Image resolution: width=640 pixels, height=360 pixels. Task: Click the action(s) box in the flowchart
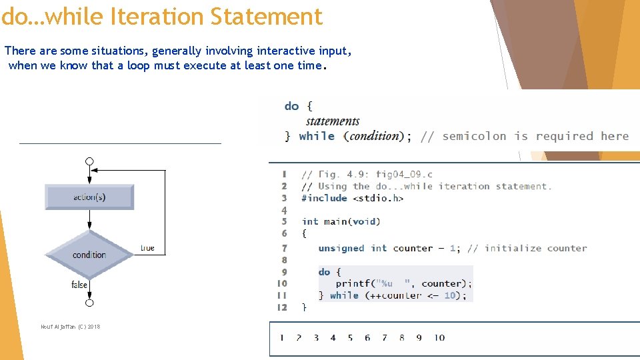click(x=89, y=197)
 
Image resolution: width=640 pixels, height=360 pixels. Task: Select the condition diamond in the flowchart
click(x=89, y=255)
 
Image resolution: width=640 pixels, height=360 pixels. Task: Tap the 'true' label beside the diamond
click(x=147, y=248)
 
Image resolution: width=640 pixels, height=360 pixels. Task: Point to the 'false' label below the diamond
click(x=79, y=285)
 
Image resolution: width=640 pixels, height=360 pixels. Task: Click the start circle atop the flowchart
click(x=89, y=161)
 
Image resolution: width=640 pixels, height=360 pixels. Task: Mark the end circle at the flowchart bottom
click(x=89, y=303)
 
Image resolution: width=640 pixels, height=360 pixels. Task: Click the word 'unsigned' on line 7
click(x=341, y=248)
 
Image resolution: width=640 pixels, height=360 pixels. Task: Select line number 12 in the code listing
click(x=282, y=307)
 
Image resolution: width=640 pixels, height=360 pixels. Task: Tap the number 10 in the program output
click(x=439, y=338)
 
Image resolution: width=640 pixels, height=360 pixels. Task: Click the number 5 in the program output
click(x=350, y=338)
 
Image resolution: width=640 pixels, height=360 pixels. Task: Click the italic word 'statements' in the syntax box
click(x=333, y=121)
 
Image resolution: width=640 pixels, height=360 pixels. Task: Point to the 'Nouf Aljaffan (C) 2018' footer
click(x=70, y=327)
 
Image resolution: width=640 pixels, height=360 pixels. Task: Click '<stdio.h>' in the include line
click(x=378, y=198)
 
